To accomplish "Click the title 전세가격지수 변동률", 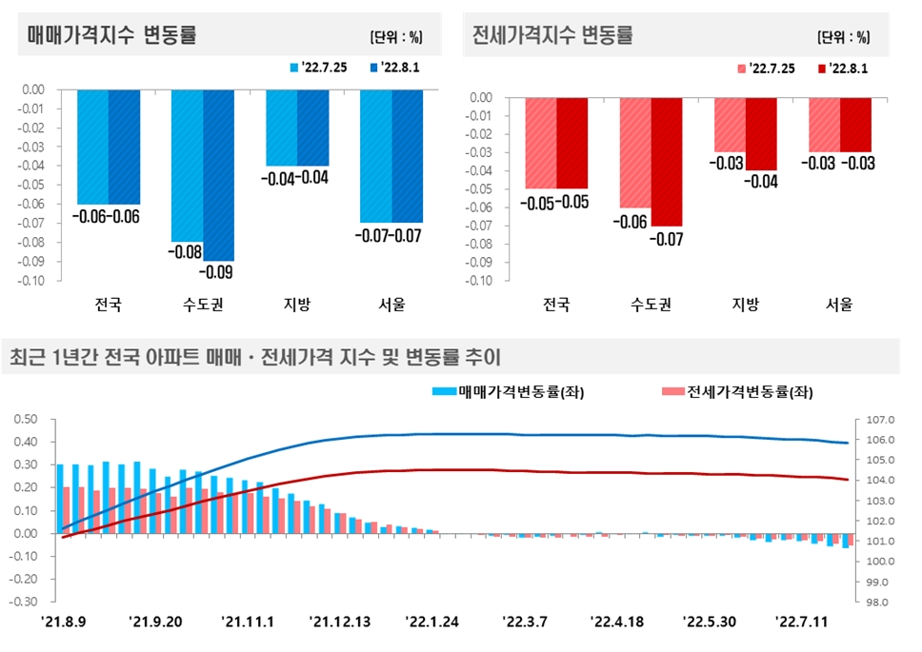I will [x=552, y=35].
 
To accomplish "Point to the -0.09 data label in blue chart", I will [x=217, y=273].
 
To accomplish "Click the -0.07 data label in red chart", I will [x=667, y=239].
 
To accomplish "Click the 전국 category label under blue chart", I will [x=109, y=306].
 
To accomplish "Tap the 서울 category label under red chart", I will [x=839, y=306].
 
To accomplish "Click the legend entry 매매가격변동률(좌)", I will [x=513, y=391].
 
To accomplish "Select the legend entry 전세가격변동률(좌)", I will [x=743, y=391].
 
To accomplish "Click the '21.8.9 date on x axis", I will [x=64, y=622].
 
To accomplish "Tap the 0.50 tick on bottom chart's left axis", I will [x=24, y=420].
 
